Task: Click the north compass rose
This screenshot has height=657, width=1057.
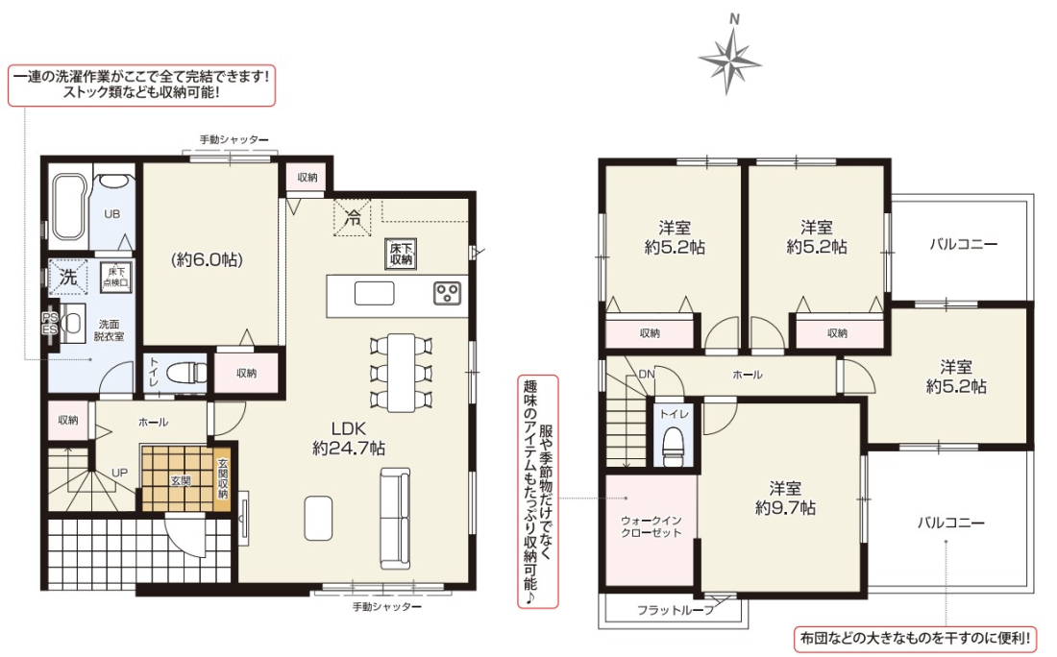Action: (x=729, y=61)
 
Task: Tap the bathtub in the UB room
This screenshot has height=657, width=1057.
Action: (x=67, y=207)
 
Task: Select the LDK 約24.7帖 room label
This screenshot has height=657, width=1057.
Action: (x=349, y=438)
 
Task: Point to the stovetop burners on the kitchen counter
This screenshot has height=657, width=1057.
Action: (x=447, y=293)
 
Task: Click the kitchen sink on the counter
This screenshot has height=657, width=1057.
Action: (x=374, y=293)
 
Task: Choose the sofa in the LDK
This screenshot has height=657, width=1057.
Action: (x=395, y=518)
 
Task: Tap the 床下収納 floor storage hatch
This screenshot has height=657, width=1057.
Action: (x=401, y=254)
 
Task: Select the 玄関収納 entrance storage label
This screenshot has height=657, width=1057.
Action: (x=223, y=478)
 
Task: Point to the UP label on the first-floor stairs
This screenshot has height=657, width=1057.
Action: (x=119, y=473)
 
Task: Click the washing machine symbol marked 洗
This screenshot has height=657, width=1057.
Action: (x=68, y=277)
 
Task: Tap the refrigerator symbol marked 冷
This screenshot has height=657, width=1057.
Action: (x=352, y=218)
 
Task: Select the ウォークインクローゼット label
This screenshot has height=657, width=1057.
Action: (x=651, y=526)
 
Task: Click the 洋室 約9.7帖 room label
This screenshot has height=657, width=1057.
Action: (x=785, y=498)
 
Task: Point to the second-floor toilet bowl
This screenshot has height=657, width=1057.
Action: (x=674, y=446)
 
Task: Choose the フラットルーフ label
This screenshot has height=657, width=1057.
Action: (x=676, y=611)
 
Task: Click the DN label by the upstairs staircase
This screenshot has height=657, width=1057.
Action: (x=647, y=374)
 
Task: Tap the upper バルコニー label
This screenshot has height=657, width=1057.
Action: (x=963, y=244)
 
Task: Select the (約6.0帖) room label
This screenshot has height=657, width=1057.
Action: (x=207, y=259)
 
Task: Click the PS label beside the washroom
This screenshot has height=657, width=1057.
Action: (x=50, y=317)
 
